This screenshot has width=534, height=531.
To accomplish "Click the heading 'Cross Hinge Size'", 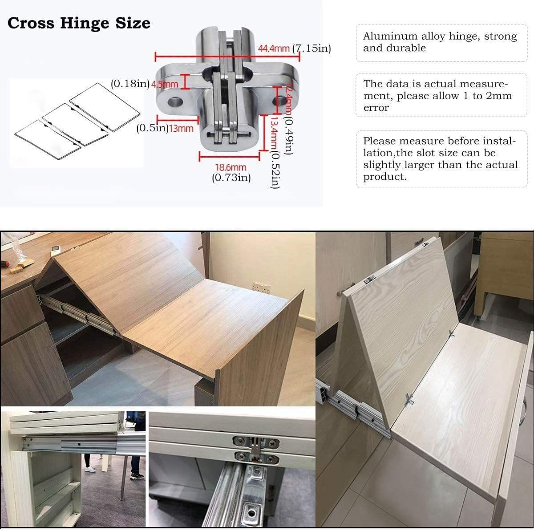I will coord(79,23).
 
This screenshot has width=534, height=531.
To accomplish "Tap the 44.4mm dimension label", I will coord(274,49).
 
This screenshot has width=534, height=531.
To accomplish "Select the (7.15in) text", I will coord(311,49).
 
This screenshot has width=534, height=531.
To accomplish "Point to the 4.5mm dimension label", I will coord(165,84).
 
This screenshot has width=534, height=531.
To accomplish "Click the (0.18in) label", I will coord(130,84).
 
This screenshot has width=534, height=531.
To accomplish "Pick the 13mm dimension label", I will coord(181,129).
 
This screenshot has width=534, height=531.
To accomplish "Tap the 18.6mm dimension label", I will coord(231,167).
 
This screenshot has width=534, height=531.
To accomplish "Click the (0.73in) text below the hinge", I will coord(231,178).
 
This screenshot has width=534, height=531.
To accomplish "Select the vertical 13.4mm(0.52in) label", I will coord(275,151).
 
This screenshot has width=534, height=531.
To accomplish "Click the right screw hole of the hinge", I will coord(279,101).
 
